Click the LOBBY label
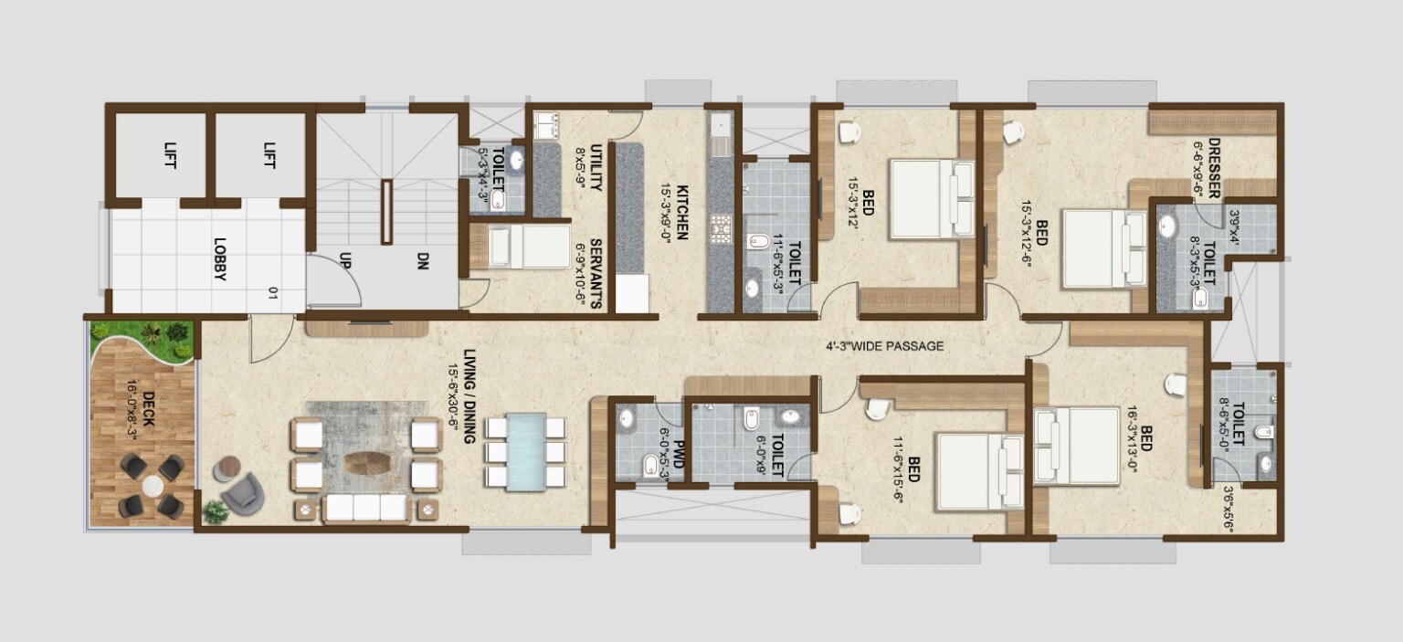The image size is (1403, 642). (219, 259)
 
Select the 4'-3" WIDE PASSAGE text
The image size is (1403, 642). (883, 346)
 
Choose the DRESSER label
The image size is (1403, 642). (1214, 168)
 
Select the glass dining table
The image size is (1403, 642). (526, 452)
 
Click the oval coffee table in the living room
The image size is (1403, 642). (366, 463)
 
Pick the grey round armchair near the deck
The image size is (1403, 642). (242, 496)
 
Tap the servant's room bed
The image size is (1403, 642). (529, 247)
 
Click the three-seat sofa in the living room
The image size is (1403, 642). (366, 508)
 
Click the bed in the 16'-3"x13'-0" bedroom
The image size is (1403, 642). (1077, 446)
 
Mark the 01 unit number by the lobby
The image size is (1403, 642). (272, 293)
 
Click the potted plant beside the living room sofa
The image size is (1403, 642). (216, 512)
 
